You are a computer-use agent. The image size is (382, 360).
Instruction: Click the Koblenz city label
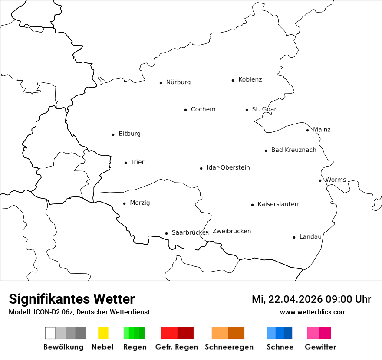coord(250,80)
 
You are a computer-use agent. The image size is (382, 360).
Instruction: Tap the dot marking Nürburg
coord(161,83)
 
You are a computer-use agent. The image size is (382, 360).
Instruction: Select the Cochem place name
coord(203,109)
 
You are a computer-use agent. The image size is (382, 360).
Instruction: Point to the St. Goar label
coord(264,109)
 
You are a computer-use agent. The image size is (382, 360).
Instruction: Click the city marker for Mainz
coord(307,130)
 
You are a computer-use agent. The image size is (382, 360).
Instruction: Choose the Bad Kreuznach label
coord(293,150)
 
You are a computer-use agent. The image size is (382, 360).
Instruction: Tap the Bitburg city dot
coord(113,134)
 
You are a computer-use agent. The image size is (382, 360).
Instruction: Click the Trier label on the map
coord(137,162)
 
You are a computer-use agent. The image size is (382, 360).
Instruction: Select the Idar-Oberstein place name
coord(228,168)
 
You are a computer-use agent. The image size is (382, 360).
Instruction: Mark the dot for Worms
coord(320,180)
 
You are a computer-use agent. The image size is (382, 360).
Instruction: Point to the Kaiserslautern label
coord(279,204)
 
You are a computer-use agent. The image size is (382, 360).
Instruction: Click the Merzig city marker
coord(124,203)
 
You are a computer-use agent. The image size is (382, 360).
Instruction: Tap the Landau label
coord(310,237)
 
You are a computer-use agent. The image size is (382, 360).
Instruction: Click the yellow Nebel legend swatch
coord(103,333)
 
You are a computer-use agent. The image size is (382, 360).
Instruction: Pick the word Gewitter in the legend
coord(320,347)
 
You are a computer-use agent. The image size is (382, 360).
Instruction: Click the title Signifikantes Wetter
coord(72,299)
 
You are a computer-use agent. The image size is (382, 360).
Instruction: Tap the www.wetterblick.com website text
coord(313,312)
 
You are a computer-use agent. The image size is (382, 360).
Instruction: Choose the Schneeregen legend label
coord(229,347)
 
